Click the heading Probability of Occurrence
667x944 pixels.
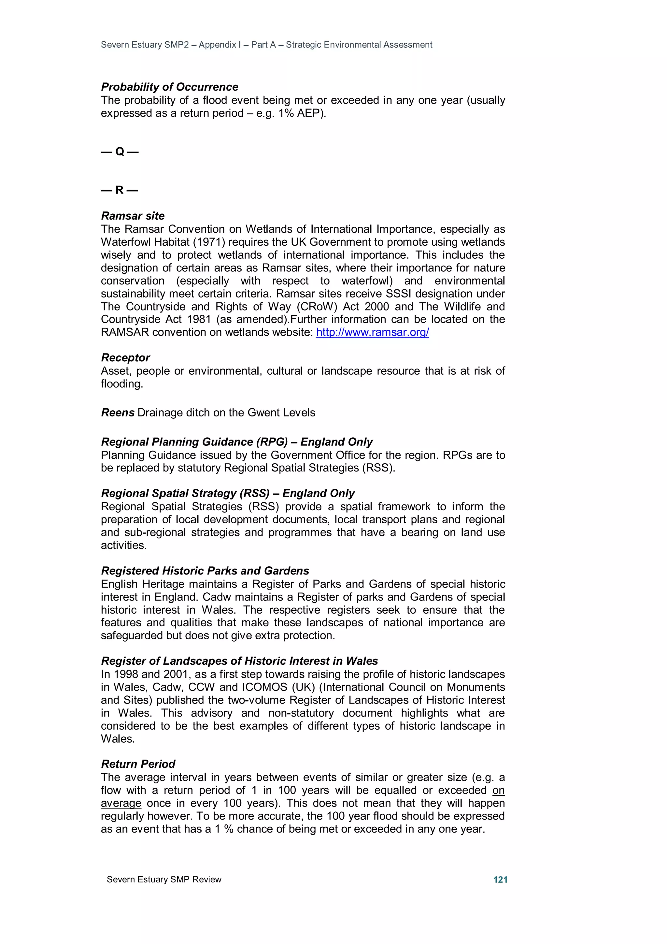click(x=169, y=87)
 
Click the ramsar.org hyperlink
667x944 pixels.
click(x=372, y=332)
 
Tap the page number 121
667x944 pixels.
click(x=500, y=879)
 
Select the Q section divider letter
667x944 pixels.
click(x=120, y=152)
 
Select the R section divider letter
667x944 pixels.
click(x=120, y=190)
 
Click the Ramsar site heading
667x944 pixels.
click(x=133, y=216)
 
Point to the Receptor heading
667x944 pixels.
click(x=125, y=358)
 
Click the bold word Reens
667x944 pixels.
click(x=118, y=413)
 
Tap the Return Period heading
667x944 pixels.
click(x=138, y=764)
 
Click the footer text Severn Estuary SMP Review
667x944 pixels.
click(x=164, y=879)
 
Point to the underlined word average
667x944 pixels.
click(x=121, y=803)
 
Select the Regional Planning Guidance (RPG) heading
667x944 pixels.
click(x=237, y=442)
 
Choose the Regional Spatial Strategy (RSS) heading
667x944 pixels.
click(x=228, y=493)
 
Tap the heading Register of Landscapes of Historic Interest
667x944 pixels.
click(x=239, y=661)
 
